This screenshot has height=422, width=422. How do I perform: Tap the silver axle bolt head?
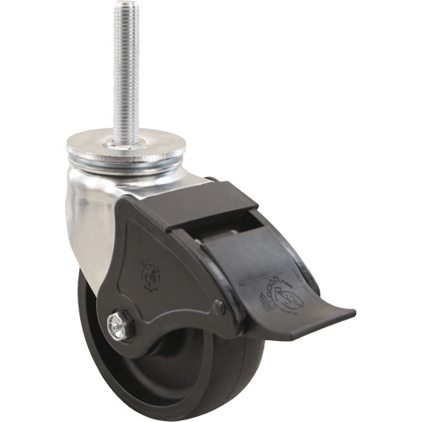tap(119, 323)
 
